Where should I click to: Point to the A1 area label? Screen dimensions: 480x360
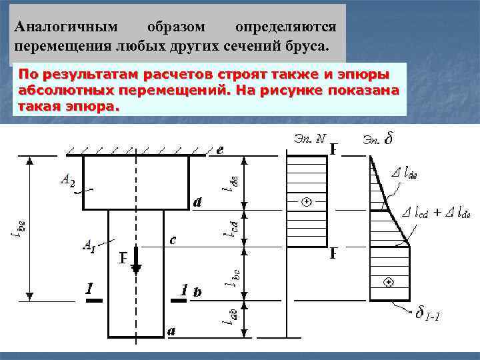[x=88, y=245]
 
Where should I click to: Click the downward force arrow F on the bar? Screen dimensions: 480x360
[x=136, y=260]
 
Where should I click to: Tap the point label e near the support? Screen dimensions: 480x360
[x=219, y=150]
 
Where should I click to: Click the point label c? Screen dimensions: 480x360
[x=173, y=241]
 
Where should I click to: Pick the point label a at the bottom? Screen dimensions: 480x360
[x=171, y=331]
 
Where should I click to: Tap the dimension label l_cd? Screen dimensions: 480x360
[x=228, y=227]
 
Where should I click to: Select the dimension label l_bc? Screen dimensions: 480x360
[x=233, y=277]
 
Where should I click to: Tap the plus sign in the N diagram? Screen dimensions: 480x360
[x=306, y=201]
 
